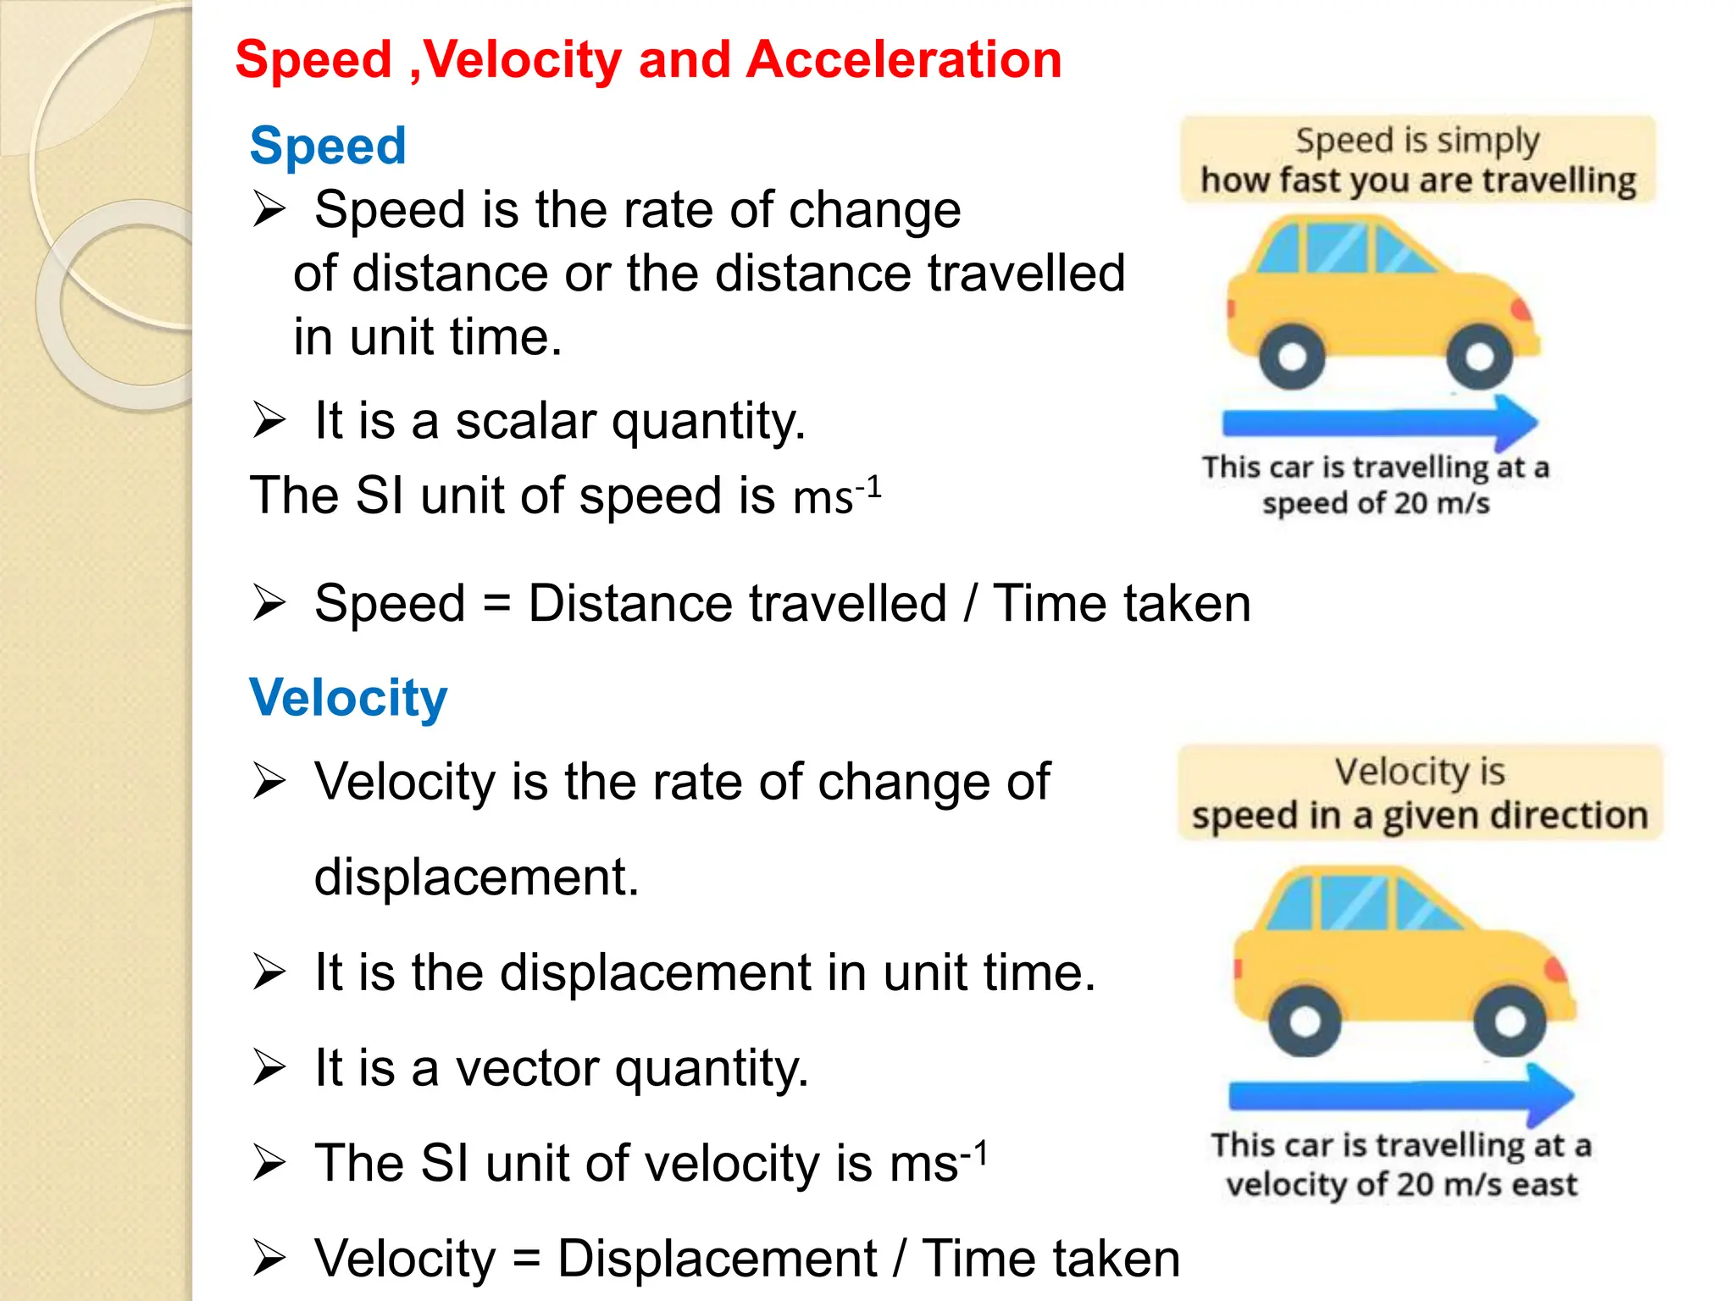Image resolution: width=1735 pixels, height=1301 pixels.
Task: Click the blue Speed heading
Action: [328, 146]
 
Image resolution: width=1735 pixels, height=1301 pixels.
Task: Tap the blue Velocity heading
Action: [348, 698]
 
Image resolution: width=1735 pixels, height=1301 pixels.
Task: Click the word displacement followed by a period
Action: [476, 877]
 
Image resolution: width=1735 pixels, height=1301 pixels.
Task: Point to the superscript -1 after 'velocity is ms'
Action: [974, 1153]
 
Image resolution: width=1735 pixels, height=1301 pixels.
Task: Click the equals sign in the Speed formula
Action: [497, 604]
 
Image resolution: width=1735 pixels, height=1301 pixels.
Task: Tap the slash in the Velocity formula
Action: [900, 1259]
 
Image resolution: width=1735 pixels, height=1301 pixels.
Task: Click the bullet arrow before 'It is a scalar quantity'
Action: [269, 420]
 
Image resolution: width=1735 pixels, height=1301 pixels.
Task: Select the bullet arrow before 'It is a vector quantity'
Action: [269, 1067]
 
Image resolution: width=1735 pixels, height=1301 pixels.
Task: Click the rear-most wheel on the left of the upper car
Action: [1291, 357]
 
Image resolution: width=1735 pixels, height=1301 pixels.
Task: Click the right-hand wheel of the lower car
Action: [1510, 1021]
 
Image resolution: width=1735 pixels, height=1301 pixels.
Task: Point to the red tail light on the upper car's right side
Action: [1522, 310]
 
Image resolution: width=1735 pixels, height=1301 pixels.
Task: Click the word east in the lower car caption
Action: [1544, 1184]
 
